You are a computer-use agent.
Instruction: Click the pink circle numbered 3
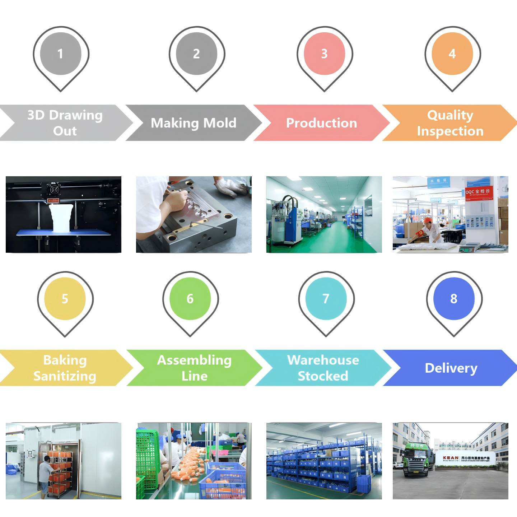(324, 53)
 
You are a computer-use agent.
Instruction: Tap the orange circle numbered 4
(452, 53)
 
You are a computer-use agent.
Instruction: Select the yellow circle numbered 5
(65, 298)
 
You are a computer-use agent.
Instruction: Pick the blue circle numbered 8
(454, 298)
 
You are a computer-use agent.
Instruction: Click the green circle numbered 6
(190, 298)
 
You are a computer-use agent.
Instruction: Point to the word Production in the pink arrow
(321, 123)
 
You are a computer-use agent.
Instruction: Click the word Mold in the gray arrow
(220, 123)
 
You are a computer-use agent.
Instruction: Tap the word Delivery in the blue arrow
(451, 368)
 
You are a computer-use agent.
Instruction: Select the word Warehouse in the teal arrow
(323, 360)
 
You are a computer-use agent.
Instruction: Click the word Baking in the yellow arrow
(65, 360)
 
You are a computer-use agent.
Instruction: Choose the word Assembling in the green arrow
(194, 360)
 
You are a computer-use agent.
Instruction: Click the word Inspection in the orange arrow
(450, 131)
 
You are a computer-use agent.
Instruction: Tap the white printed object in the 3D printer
(61, 217)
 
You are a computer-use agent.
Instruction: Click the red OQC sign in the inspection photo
(479, 193)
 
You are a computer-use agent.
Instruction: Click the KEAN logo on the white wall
(451, 458)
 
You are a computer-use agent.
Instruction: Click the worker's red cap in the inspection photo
(427, 220)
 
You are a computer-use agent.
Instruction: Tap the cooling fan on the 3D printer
(54, 189)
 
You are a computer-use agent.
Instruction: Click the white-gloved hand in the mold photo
(230, 187)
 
